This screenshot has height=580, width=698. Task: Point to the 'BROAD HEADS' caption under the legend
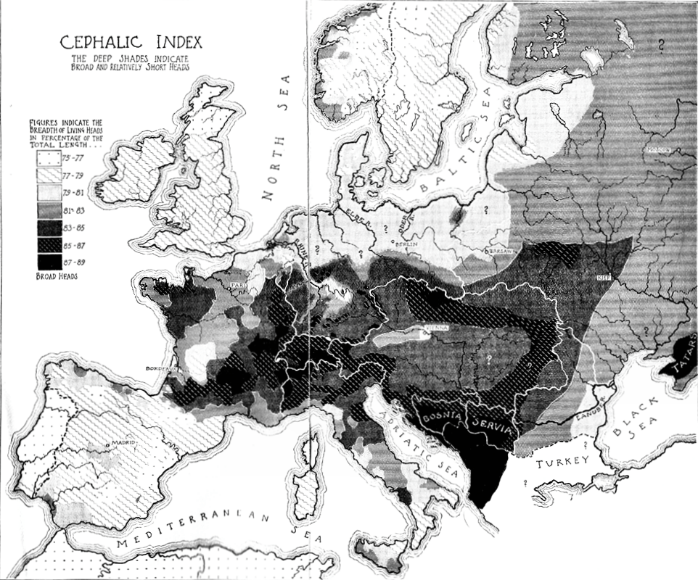tap(56, 276)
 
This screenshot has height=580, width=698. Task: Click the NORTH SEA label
tap(280, 141)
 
